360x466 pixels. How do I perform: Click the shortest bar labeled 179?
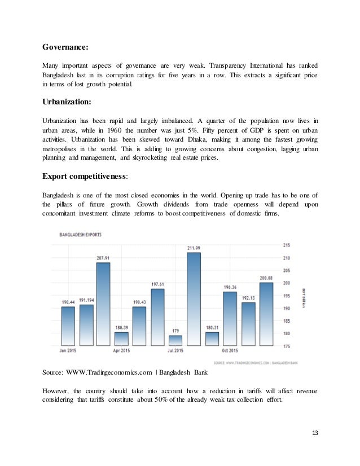(x=175, y=340)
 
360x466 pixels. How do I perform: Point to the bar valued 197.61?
(x=157, y=317)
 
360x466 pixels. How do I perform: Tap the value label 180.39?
(x=121, y=328)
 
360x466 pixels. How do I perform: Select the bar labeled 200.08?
(x=266, y=314)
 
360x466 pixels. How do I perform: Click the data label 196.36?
(x=230, y=287)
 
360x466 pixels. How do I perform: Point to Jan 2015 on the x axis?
(x=68, y=351)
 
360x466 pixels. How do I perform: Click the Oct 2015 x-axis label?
(x=230, y=351)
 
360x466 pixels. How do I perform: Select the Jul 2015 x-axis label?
(x=175, y=351)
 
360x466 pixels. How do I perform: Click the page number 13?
(x=315, y=433)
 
